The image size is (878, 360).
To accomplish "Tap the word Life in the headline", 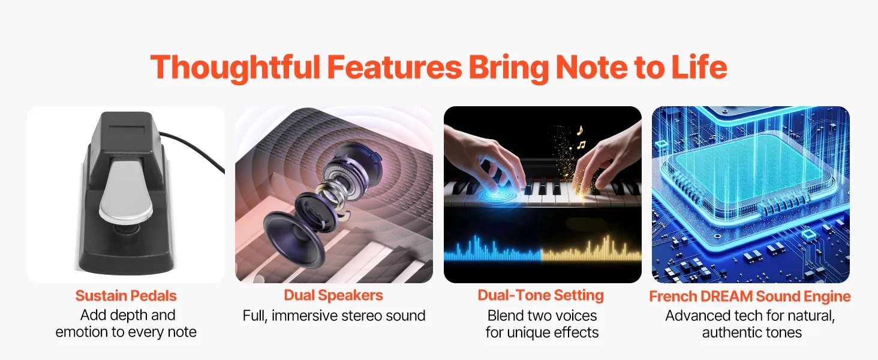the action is click(699, 67).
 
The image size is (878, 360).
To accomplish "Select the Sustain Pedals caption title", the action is click(126, 296).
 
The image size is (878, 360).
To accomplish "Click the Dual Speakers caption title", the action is click(333, 295).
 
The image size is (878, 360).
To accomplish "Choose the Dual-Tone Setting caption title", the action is click(540, 295).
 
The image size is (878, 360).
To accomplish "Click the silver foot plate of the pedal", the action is click(125, 192).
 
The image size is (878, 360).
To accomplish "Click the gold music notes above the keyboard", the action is click(580, 137).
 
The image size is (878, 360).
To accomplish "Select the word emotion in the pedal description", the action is click(82, 332).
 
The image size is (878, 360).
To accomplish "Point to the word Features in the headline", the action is click(395, 67).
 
